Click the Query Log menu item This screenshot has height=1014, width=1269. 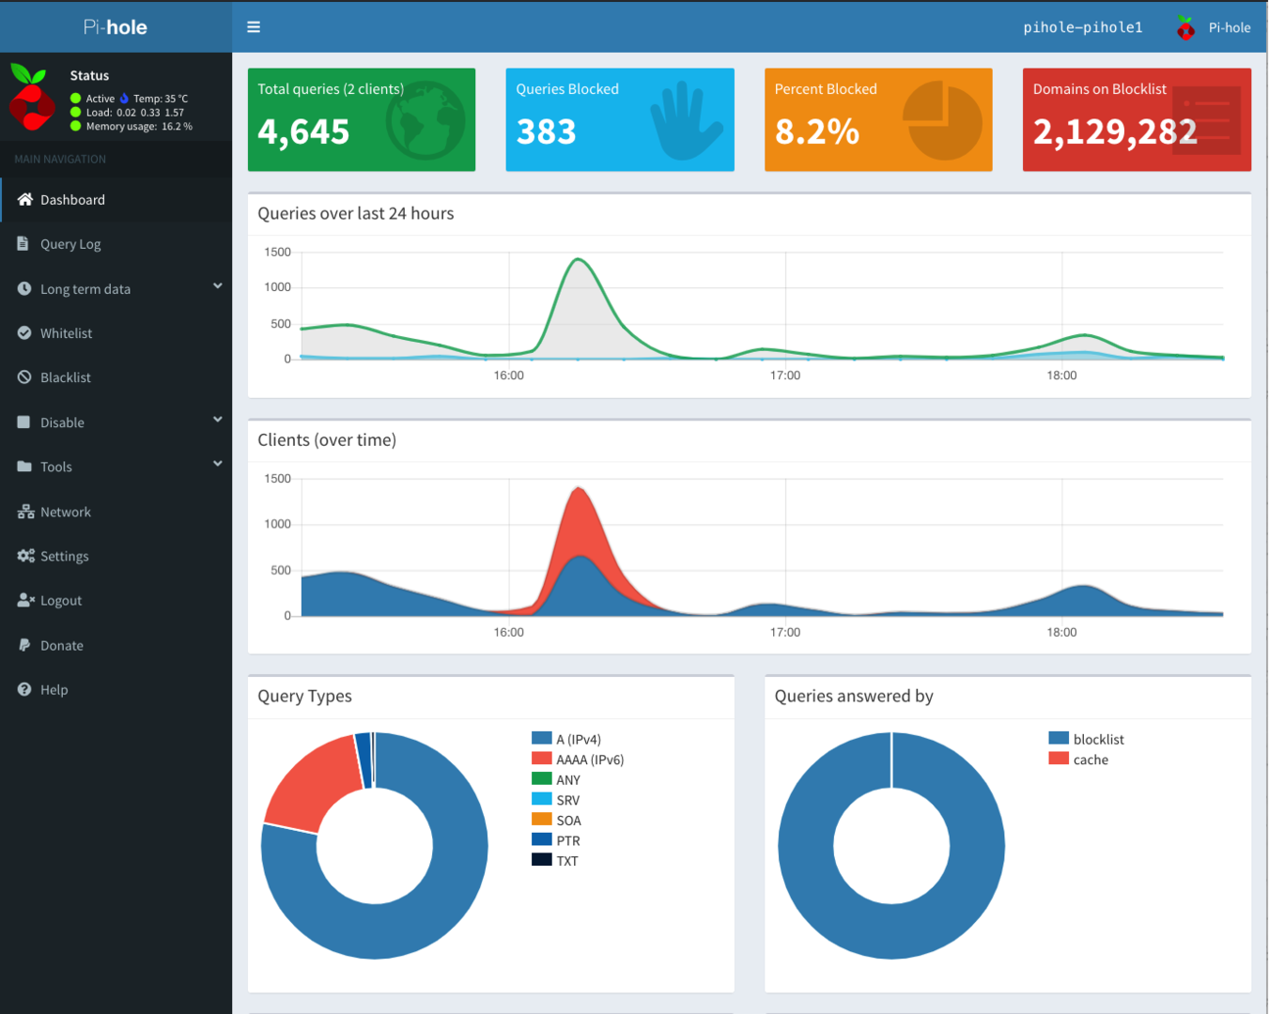pyautogui.click(x=70, y=244)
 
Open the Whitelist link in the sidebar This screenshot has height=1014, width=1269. pyautogui.click(x=66, y=333)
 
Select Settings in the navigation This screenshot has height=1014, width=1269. pyautogui.click(x=64, y=556)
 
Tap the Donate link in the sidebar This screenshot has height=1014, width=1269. pyautogui.click(x=61, y=645)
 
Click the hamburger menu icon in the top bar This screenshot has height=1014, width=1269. pyautogui.click(x=254, y=27)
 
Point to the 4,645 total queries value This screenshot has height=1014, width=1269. pyautogui.click(x=303, y=132)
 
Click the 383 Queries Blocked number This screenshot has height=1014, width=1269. pyautogui.click(x=546, y=132)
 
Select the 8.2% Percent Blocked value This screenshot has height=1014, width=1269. pyautogui.click(x=816, y=132)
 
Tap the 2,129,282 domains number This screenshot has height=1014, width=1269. pyautogui.click(x=1115, y=132)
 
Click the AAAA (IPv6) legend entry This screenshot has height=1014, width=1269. pyautogui.click(x=589, y=760)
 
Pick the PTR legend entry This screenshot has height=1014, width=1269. pyautogui.click(x=567, y=840)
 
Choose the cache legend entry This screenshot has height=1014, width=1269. pyautogui.click(x=1090, y=760)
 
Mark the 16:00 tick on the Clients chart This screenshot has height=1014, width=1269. pyautogui.click(x=509, y=632)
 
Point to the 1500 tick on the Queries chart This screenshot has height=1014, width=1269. pyautogui.click(x=277, y=252)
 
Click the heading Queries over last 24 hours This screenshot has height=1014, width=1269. pyautogui.click(x=355, y=213)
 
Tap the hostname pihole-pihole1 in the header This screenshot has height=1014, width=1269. pyautogui.click(x=1082, y=27)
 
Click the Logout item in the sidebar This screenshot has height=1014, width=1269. pyautogui.click(x=60, y=601)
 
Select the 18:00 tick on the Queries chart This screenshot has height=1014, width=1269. pyautogui.click(x=1061, y=376)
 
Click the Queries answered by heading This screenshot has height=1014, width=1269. pyautogui.click(x=853, y=696)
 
